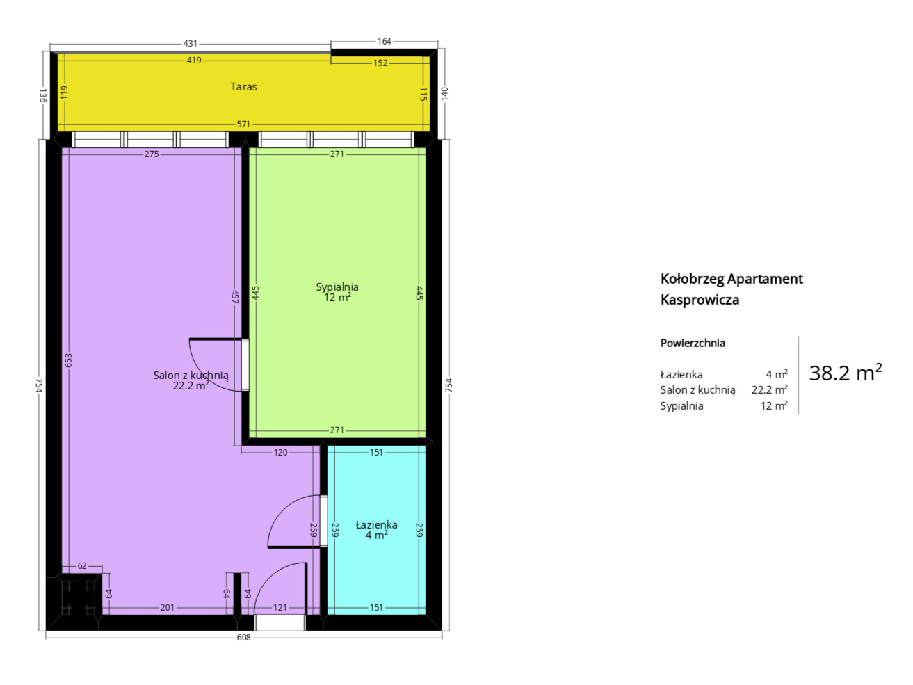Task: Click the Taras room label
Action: (243, 86)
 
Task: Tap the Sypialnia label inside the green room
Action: (337, 287)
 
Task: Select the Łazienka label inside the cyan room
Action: (376, 525)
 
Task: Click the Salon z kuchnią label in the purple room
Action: (191, 376)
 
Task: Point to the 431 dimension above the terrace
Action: (190, 44)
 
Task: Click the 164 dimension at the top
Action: (385, 42)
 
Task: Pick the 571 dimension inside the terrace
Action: (243, 124)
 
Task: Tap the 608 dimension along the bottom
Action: (244, 638)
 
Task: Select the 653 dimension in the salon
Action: (69, 360)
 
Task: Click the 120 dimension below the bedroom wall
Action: (281, 453)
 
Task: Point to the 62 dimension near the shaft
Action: (82, 566)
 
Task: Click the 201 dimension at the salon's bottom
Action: (167, 608)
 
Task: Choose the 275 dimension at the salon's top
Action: (152, 154)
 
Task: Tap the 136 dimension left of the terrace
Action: (42, 95)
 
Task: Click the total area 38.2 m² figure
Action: (845, 372)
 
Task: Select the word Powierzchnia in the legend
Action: (693, 343)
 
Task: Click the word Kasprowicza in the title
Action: (700, 300)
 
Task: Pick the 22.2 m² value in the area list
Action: (769, 389)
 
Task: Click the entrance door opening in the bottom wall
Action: (280, 623)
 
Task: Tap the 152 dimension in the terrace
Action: (380, 63)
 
